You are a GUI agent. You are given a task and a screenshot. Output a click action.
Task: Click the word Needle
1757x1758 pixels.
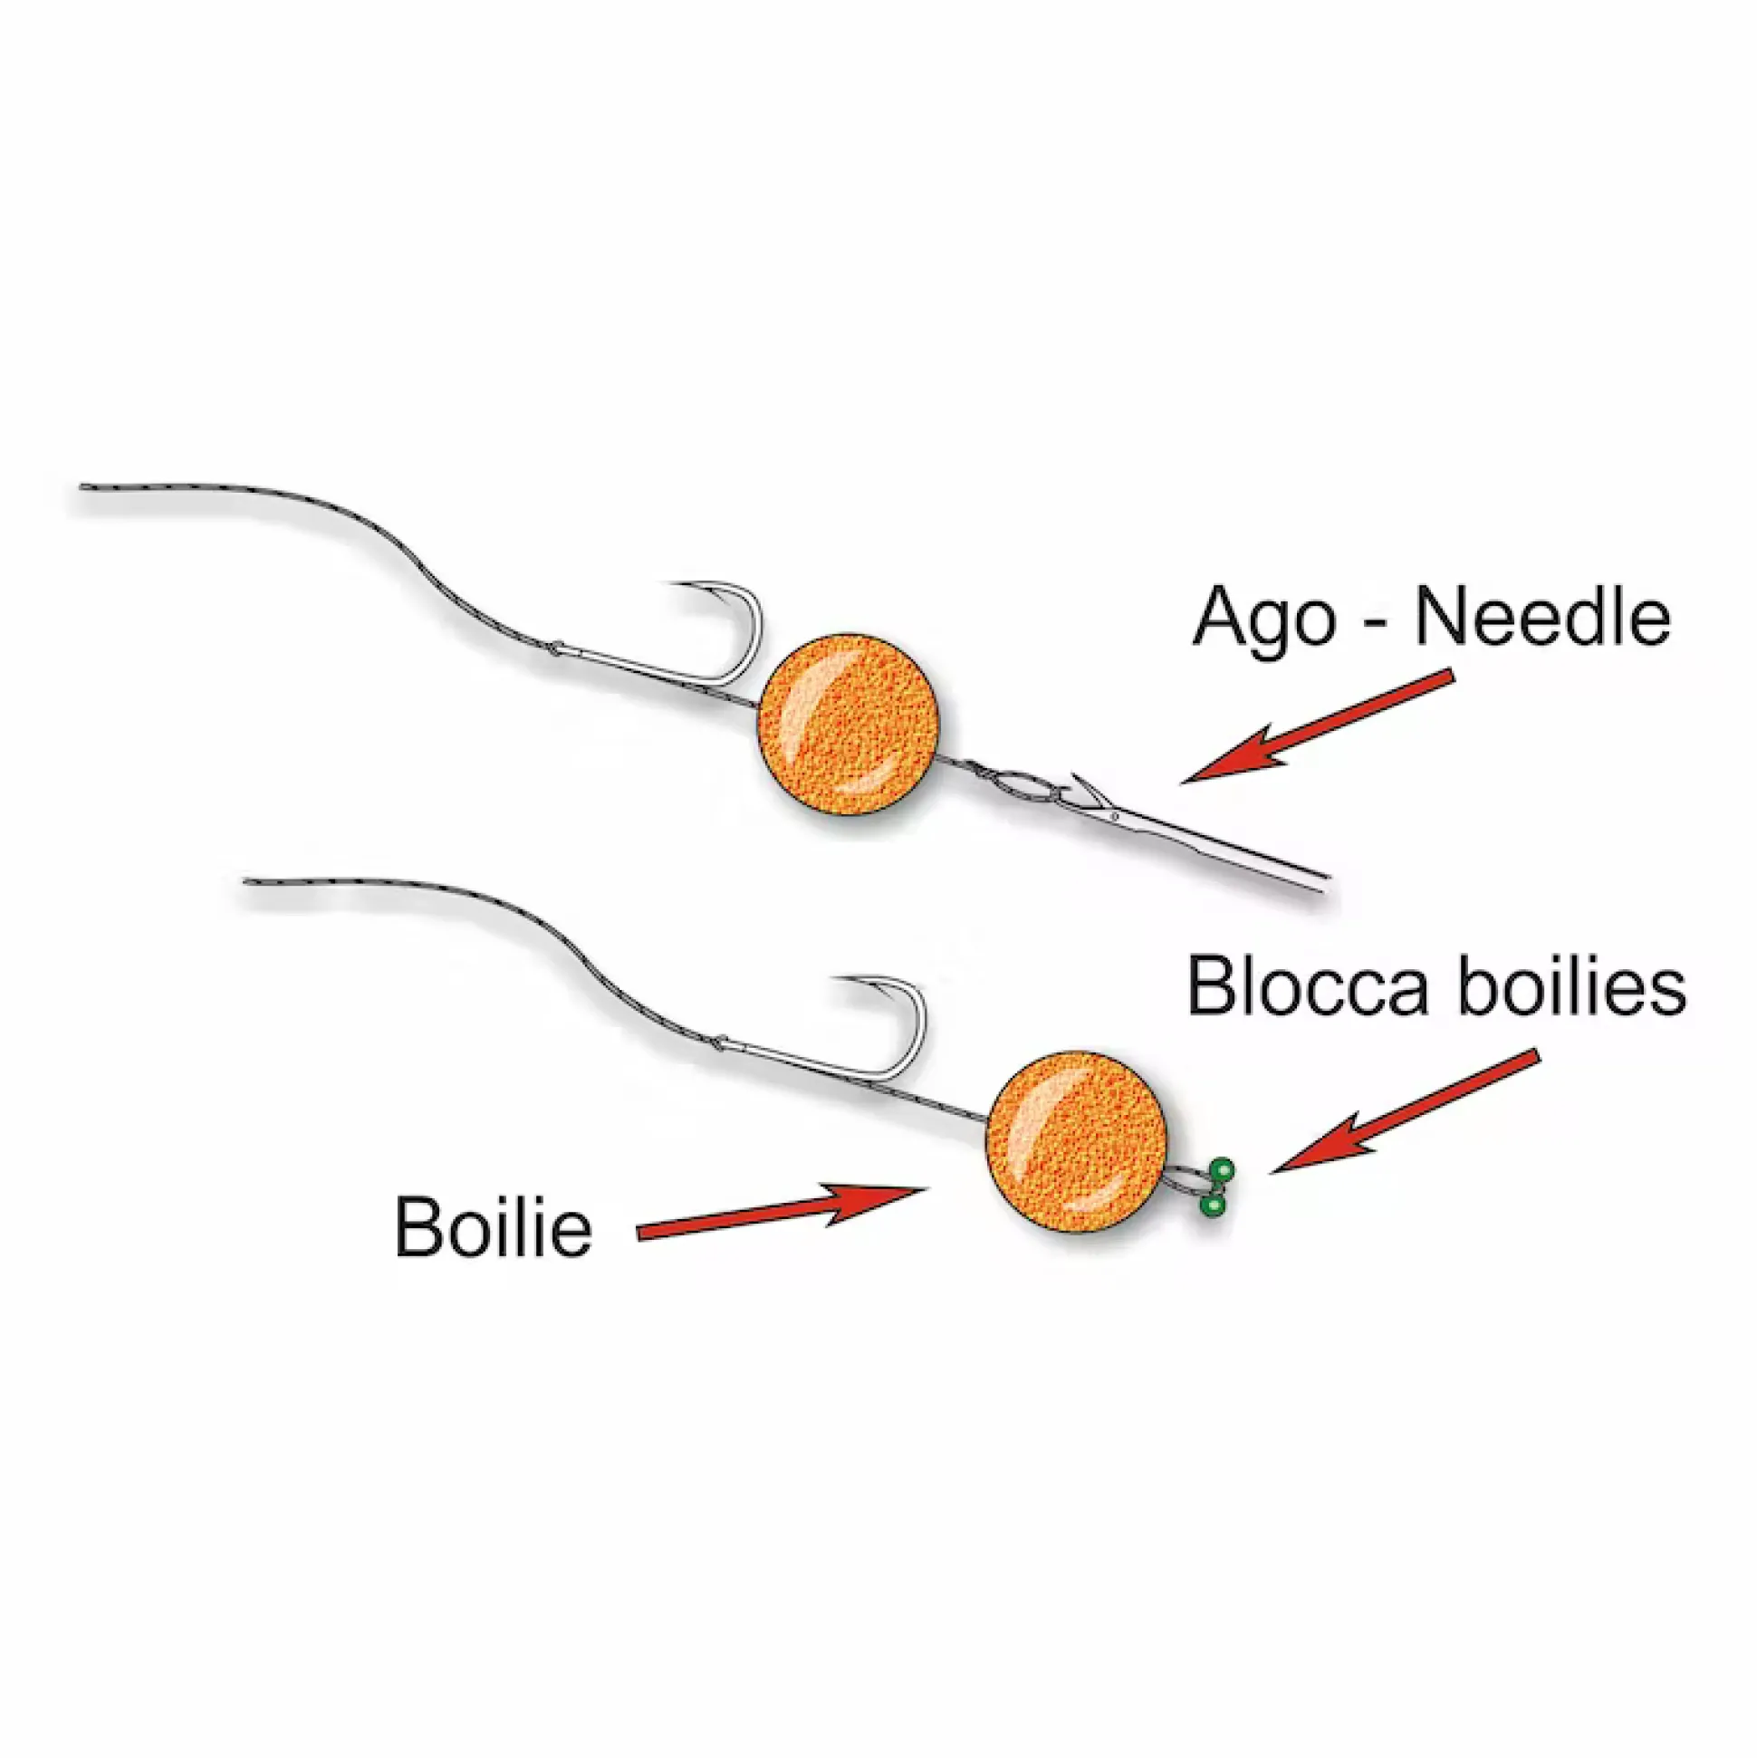1541,620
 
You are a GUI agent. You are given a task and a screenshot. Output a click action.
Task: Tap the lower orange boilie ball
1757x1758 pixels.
1076,1143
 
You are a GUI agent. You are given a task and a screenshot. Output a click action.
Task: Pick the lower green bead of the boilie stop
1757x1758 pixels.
1211,1206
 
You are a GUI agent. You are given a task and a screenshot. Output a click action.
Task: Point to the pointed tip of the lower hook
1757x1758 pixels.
838,980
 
